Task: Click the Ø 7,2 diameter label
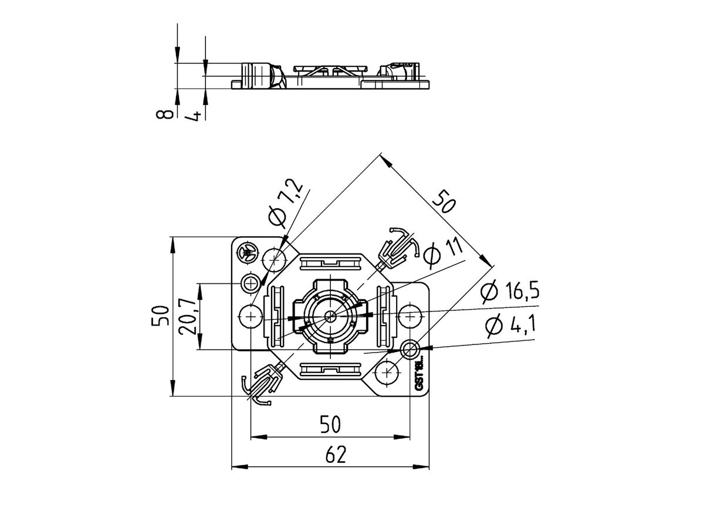pyautogui.click(x=286, y=203)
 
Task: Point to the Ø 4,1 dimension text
pyautogui.click(x=510, y=326)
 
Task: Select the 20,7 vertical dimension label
pyautogui.click(x=188, y=317)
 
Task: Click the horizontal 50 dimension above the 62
pyautogui.click(x=330, y=424)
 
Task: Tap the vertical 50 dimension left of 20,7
pyautogui.click(x=160, y=316)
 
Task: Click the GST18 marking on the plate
pyautogui.click(x=419, y=375)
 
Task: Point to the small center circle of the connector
pyautogui.click(x=330, y=316)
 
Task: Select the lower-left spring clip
pyautogui.click(x=262, y=384)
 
